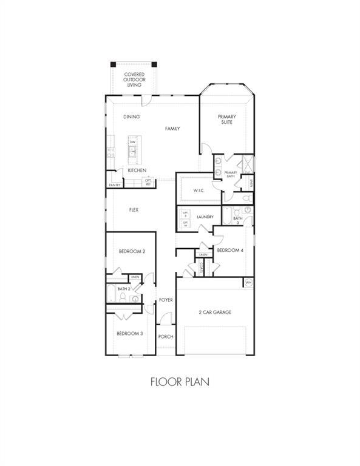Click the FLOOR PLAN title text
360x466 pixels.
[x=180, y=382]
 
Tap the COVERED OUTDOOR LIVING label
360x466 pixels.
[x=134, y=79]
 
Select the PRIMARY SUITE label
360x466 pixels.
[x=227, y=119]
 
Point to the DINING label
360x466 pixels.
[x=131, y=116]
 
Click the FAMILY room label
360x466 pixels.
[x=172, y=129]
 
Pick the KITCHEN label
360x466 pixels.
[x=137, y=171]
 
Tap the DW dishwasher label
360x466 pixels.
[x=132, y=142]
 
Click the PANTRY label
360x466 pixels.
[x=114, y=185]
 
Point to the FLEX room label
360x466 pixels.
[x=134, y=210]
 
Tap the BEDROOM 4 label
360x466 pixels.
[x=230, y=250]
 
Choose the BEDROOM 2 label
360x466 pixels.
[x=131, y=251]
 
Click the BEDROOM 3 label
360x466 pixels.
[x=129, y=333]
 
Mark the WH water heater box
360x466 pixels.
[x=248, y=283]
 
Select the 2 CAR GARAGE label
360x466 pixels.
[x=215, y=312]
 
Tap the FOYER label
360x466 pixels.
[x=166, y=300]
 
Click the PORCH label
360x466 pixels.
[x=166, y=337]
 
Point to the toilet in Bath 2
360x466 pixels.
[x=123, y=297]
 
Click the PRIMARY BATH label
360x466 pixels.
[x=231, y=174]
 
